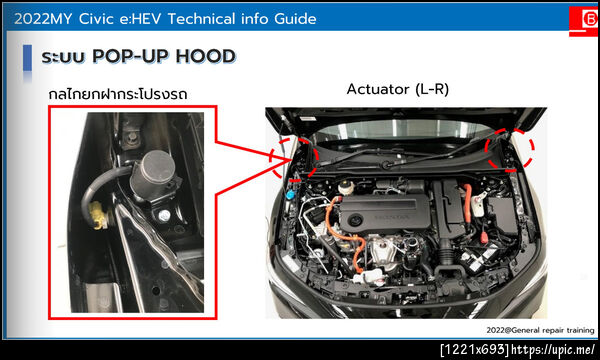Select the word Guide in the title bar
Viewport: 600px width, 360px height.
pos(295,19)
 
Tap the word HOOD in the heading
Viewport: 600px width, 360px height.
pos(205,56)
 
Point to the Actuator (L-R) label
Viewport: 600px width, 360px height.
pos(398,89)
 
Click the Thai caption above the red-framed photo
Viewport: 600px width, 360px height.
pos(118,94)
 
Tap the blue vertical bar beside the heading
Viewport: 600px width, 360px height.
pos(27,58)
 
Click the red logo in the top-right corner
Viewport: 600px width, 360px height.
pos(584,21)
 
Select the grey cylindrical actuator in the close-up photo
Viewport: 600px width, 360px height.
pos(153,175)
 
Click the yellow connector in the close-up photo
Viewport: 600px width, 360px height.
pos(99,215)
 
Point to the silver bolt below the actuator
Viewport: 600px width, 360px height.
pos(165,216)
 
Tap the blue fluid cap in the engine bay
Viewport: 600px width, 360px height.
pos(290,195)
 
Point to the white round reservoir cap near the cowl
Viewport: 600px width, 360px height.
pos(344,188)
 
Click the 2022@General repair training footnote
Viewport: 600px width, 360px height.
pos(540,330)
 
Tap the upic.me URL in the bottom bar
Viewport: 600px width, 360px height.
pos(553,350)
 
